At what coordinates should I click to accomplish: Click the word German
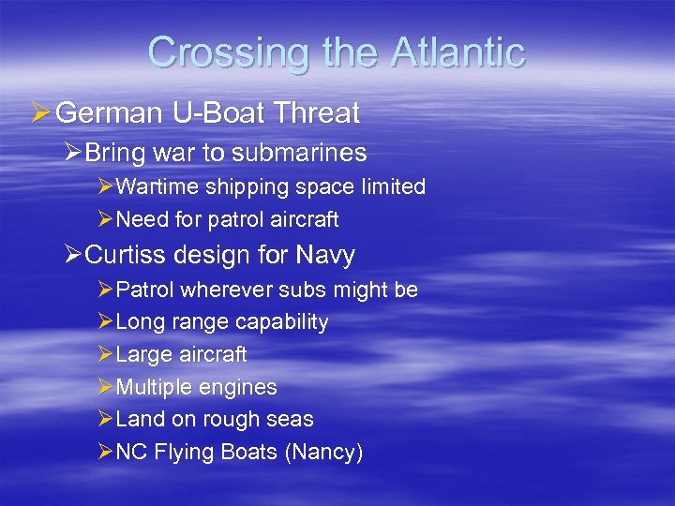[107, 113]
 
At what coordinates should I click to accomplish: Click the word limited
[393, 186]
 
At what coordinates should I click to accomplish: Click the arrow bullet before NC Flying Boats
[104, 453]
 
